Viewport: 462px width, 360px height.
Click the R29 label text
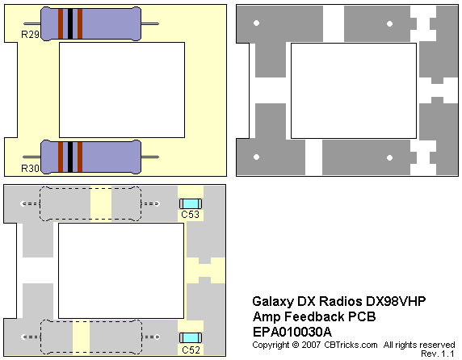click(30, 35)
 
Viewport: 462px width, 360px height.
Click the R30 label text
click(30, 169)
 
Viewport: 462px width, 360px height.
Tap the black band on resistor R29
click(70, 24)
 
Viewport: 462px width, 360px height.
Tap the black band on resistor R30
click(70, 157)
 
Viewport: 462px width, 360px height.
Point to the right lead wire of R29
click(150, 23)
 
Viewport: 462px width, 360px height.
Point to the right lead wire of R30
click(150, 157)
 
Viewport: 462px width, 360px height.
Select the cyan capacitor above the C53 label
click(191, 203)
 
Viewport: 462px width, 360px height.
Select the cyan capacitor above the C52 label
click(191, 337)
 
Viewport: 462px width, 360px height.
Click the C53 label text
click(190, 214)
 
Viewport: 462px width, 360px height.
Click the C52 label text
click(191, 350)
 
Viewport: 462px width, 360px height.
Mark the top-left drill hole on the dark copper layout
click(256, 23)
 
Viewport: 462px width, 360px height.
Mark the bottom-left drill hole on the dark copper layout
click(256, 157)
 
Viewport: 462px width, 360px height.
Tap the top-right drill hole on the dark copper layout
click(389, 24)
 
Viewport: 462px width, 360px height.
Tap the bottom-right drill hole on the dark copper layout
click(389, 157)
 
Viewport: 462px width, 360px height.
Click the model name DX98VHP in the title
click(396, 301)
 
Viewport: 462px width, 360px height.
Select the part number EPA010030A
click(292, 332)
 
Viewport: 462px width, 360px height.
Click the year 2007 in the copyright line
click(311, 345)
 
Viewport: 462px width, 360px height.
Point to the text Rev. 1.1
click(438, 354)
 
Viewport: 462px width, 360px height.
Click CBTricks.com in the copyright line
click(351, 345)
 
